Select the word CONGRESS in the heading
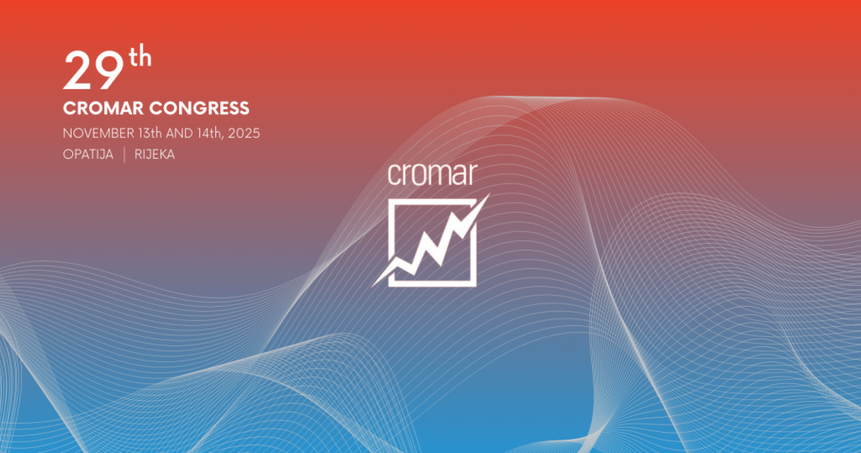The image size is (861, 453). pyautogui.click(x=199, y=108)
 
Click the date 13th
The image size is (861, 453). pyautogui.click(x=150, y=133)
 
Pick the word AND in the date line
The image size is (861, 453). pyautogui.click(x=179, y=133)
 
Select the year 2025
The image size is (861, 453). pyautogui.click(x=244, y=133)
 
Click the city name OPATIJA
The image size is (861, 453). pyautogui.click(x=88, y=154)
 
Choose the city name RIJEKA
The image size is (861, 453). pyautogui.click(x=155, y=154)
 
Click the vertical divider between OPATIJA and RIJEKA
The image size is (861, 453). pyautogui.click(x=124, y=154)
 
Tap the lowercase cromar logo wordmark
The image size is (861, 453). pyautogui.click(x=433, y=174)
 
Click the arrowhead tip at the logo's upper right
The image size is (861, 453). pyautogui.click(x=489, y=194)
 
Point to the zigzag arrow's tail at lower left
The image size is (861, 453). pyautogui.click(x=373, y=285)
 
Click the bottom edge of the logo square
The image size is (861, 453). pyautogui.click(x=432, y=284)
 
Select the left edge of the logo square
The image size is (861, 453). pyautogui.click(x=391, y=233)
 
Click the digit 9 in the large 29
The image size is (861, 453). pyautogui.click(x=110, y=70)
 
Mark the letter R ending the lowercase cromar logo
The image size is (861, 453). pyautogui.click(x=472, y=174)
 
